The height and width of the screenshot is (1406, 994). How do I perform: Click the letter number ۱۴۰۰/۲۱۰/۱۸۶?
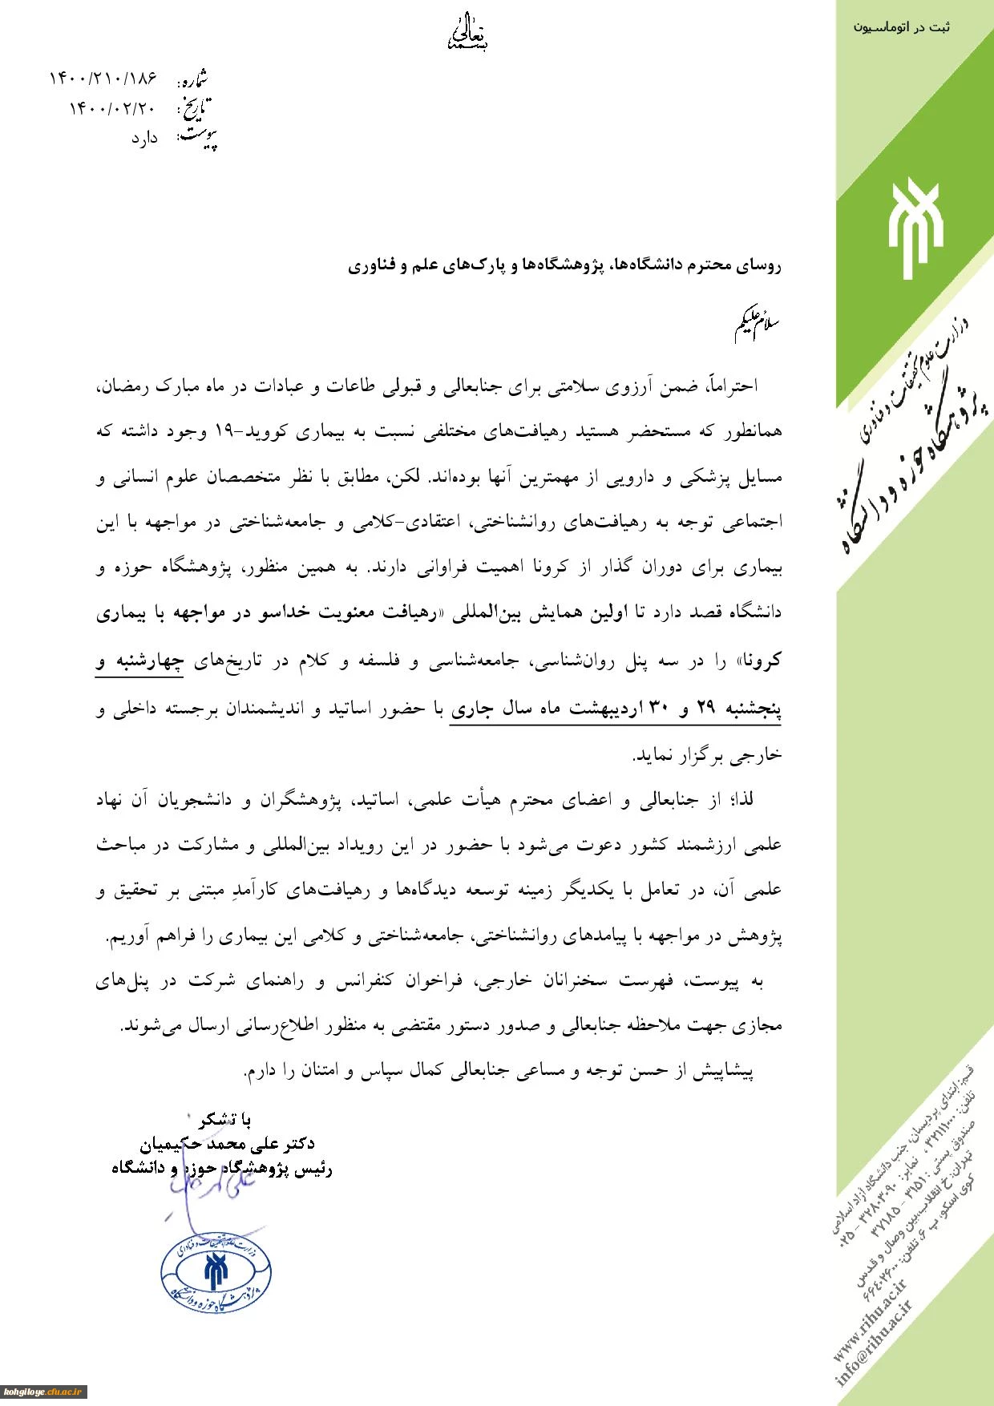(x=103, y=79)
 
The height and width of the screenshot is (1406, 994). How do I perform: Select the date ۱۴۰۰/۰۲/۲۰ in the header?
(x=112, y=108)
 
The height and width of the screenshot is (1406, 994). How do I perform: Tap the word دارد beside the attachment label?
(x=144, y=139)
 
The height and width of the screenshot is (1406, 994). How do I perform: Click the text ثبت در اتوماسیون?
(x=901, y=27)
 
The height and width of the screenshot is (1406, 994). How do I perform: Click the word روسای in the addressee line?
(x=758, y=265)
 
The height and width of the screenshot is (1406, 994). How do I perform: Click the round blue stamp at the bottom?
(x=216, y=1273)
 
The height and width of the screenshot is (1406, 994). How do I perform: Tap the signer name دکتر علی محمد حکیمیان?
(x=227, y=1144)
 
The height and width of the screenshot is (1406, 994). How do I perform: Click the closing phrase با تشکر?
(x=225, y=1119)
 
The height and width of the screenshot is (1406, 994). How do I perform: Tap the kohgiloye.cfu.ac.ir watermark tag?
(x=43, y=1392)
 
